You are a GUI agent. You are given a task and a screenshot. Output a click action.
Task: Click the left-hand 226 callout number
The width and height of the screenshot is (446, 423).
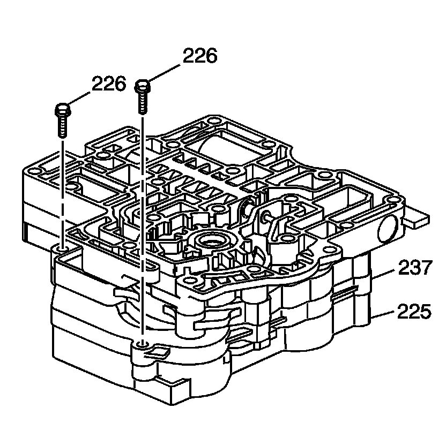pyautogui.click(x=109, y=84)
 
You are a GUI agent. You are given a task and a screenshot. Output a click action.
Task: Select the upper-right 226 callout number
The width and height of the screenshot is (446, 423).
pyautogui.click(x=200, y=56)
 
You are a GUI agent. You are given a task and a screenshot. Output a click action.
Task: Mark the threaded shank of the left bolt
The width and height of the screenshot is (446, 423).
pyautogui.click(x=62, y=126)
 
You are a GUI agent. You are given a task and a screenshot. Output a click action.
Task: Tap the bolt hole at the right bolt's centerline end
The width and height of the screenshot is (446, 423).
pyautogui.click(x=142, y=344)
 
